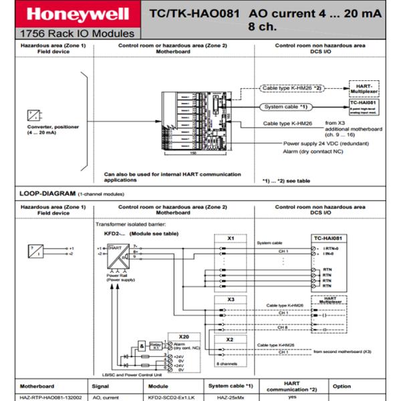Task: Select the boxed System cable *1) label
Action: tap(285, 106)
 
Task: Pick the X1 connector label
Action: tap(230, 237)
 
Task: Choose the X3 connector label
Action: tap(230, 299)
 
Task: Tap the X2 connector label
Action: tap(230, 339)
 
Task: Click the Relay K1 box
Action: tap(155, 346)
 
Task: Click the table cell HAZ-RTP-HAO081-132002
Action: tap(49, 396)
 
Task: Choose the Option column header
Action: tap(342, 386)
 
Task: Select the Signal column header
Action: tap(102, 386)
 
